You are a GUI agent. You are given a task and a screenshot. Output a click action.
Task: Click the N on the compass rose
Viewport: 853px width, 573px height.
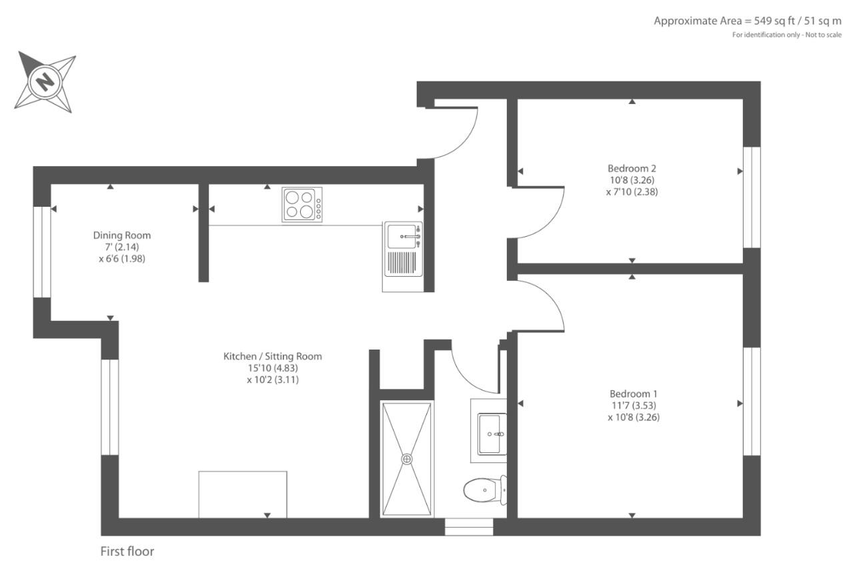coord(45,81)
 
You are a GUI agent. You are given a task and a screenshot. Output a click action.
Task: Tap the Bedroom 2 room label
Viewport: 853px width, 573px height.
coord(632,168)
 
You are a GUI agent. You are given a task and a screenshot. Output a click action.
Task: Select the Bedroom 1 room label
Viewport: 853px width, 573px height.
coord(634,394)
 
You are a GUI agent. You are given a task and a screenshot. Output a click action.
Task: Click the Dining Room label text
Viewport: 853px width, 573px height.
coord(122,235)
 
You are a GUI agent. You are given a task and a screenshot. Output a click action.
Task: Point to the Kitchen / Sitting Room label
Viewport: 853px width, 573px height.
coord(273,356)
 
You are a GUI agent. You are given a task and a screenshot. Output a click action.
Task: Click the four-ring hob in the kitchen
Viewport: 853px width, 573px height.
coord(302,205)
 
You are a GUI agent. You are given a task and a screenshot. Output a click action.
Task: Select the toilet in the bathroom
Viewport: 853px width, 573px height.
coord(485,490)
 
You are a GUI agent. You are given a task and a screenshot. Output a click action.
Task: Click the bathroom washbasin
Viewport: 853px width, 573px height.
coord(492,434)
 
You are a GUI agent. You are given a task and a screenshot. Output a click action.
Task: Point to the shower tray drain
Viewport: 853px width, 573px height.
coord(407,459)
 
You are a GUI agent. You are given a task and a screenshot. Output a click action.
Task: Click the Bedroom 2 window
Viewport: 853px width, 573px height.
coord(752,197)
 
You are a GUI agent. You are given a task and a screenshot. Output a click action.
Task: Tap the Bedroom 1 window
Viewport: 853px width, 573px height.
coord(752,401)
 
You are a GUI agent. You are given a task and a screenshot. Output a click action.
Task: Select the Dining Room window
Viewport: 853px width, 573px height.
coord(42,252)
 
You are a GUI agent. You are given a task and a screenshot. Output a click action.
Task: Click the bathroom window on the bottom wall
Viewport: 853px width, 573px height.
coord(469,527)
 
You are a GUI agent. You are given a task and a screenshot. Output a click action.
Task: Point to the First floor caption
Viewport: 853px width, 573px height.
coord(127,551)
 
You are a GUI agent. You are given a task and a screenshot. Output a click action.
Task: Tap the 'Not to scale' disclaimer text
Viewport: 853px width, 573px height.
coord(823,35)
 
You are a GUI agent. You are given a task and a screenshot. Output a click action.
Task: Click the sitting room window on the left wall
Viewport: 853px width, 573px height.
coord(109,407)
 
